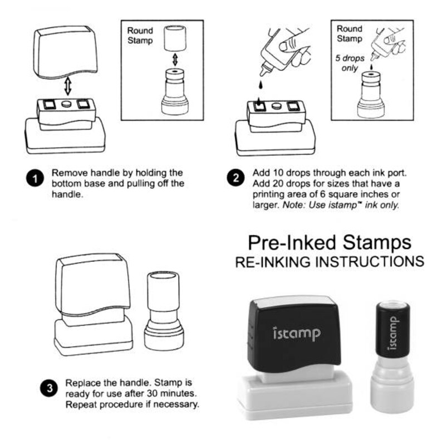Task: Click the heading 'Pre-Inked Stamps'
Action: pos(330,242)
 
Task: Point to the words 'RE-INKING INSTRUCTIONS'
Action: pos(330,261)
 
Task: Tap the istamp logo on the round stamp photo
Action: pos(393,333)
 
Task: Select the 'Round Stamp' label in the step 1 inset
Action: pos(140,35)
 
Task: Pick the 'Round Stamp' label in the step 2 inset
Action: pos(350,33)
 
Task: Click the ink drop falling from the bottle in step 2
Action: pos(258,86)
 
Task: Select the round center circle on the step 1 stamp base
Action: pos(66,105)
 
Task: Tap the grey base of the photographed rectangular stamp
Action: pos(295,393)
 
